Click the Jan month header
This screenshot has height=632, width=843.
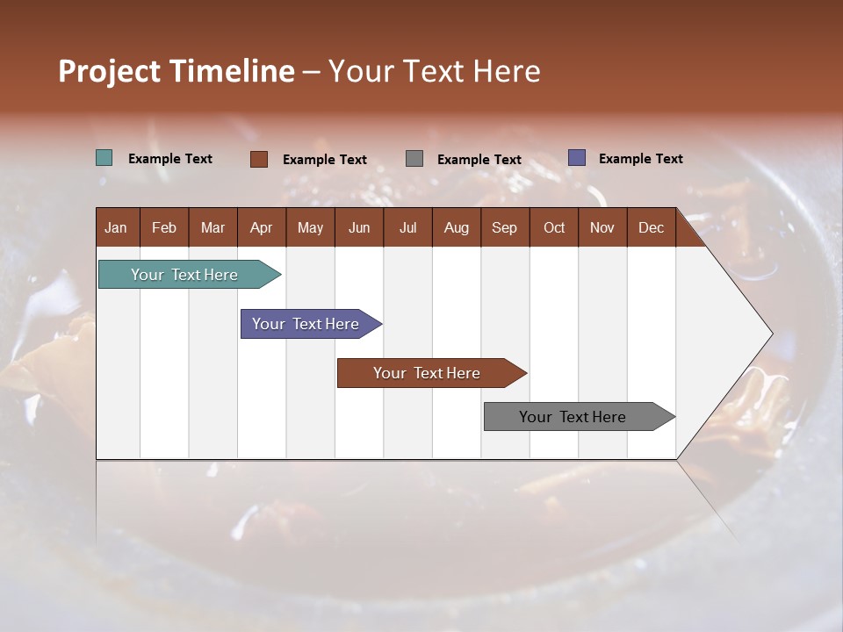[117, 227]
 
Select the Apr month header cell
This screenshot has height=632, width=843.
[262, 227]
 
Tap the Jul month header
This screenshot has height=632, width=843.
[407, 227]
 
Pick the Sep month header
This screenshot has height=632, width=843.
[505, 227]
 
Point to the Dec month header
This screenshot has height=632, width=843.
[651, 227]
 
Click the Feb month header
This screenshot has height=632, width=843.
[164, 227]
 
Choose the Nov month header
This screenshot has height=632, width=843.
[602, 227]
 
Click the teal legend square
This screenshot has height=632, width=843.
[104, 158]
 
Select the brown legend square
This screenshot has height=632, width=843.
[259, 159]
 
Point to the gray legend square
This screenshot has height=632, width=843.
[414, 159]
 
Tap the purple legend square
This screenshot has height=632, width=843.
[577, 158]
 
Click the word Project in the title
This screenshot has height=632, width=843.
[109, 71]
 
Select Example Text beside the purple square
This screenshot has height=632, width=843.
[640, 159]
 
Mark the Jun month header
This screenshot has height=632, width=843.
[359, 227]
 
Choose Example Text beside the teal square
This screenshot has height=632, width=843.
[170, 159]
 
